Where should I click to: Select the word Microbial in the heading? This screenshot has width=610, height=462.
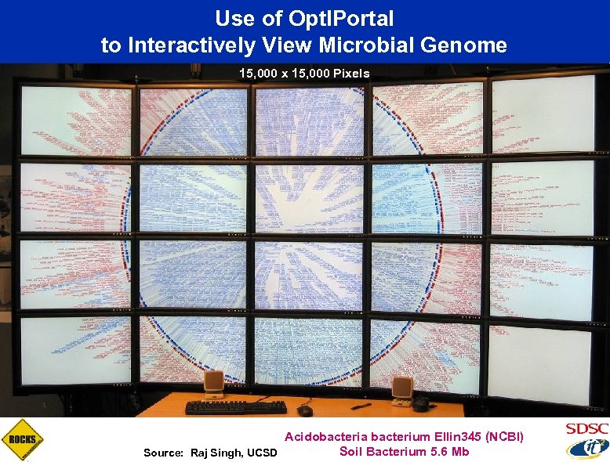pyautogui.click(x=376, y=45)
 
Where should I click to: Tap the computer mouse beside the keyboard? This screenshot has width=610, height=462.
pyautogui.click(x=305, y=410)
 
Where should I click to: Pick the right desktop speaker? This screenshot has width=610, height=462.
pyautogui.click(x=402, y=390)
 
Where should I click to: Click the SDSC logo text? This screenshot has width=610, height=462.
pyautogui.click(x=586, y=429)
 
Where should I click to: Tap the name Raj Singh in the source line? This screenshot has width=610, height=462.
pyautogui.click(x=218, y=453)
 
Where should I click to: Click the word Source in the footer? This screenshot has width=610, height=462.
pyautogui.click(x=162, y=453)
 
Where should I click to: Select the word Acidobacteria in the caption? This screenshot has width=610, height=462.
pyautogui.click(x=325, y=436)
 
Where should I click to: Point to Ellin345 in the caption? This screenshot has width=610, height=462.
pyautogui.click(x=459, y=436)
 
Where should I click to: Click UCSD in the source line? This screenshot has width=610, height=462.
pyautogui.click(x=263, y=453)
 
